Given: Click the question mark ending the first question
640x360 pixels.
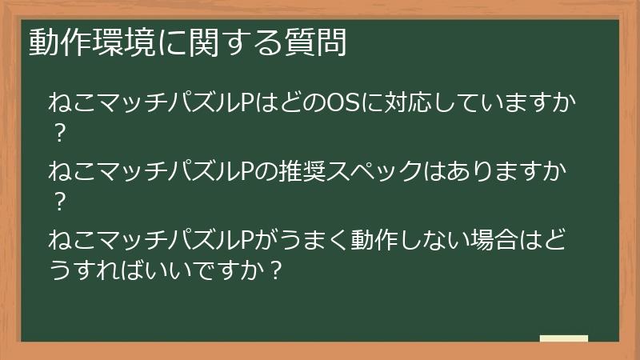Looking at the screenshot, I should (x=58, y=134).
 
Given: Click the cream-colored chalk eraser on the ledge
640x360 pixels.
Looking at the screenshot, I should (x=563, y=338).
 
